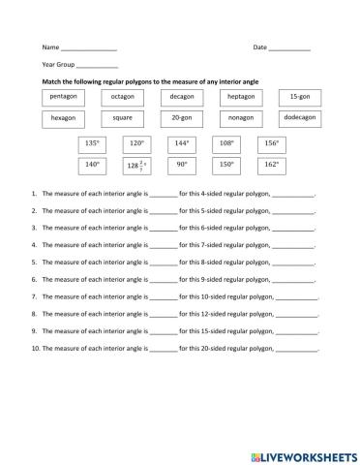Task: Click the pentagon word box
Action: pos(63,99)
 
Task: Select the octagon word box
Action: pos(122,99)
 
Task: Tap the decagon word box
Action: pos(181,99)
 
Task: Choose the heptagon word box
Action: pos(241,99)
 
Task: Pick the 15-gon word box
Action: pos(300,99)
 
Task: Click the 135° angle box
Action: pos(93,144)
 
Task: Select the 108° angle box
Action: pos(226,144)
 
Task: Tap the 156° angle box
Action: pos(271,144)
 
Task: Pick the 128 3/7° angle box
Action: pos(136,166)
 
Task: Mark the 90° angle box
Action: pos(182,166)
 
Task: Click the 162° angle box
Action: pos(271,166)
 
